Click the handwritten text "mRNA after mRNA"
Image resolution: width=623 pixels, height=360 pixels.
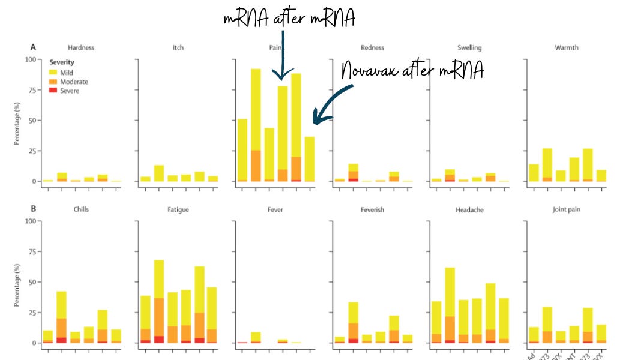pyautogui.click(x=289, y=19)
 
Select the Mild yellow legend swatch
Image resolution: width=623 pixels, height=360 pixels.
pyautogui.click(x=52, y=72)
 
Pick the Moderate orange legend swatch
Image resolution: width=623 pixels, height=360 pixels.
pyautogui.click(x=52, y=81)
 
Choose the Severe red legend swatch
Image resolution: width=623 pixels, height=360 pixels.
pyautogui.click(x=52, y=91)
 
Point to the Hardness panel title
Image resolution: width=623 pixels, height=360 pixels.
pyautogui.click(x=81, y=47)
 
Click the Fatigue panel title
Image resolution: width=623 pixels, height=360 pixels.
pyautogui.click(x=179, y=210)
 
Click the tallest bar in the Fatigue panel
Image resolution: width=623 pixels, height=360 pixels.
pyautogui.click(x=159, y=300)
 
